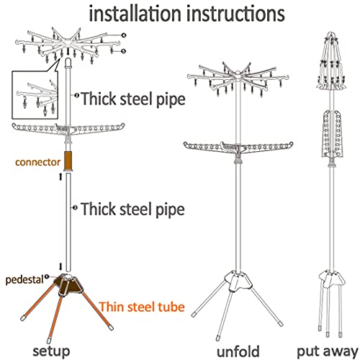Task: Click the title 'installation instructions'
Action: (x=186, y=14)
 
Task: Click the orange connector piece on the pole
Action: (x=68, y=161)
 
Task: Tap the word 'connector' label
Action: (x=37, y=162)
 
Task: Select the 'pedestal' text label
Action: (x=24, y=280)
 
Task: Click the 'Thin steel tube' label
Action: (x=142, y=307)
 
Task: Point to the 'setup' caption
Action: (x=51, y=351)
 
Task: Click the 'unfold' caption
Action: (x=238, y=351)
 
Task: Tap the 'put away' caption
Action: (x=328, y=352)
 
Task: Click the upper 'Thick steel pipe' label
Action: (x=133, y=99)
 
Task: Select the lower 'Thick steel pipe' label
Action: (x=132, y=209)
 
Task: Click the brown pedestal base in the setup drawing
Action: (x=68, y=284)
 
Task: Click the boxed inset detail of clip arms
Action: (x=35, y=94)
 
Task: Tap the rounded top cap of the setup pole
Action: (x=68, y=62)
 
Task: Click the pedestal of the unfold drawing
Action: (x=238, y=280)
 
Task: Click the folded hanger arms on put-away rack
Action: (x=332, y=134)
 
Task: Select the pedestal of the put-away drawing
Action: (x=331, y=279)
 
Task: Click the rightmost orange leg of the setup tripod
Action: (x=97, y=310)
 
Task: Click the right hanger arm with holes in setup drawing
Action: (x=99, y=128)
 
